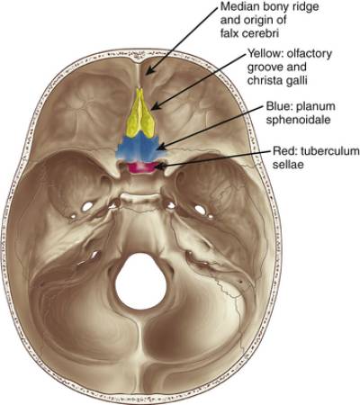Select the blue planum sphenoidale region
141,148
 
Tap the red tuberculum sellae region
141,167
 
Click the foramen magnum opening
141,282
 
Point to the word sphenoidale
299,120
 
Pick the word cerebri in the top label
260,33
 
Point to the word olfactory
310,54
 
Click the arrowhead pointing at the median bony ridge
149,70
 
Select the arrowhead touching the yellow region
155,106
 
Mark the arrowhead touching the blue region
161,147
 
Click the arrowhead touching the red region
159,166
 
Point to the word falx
229,33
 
